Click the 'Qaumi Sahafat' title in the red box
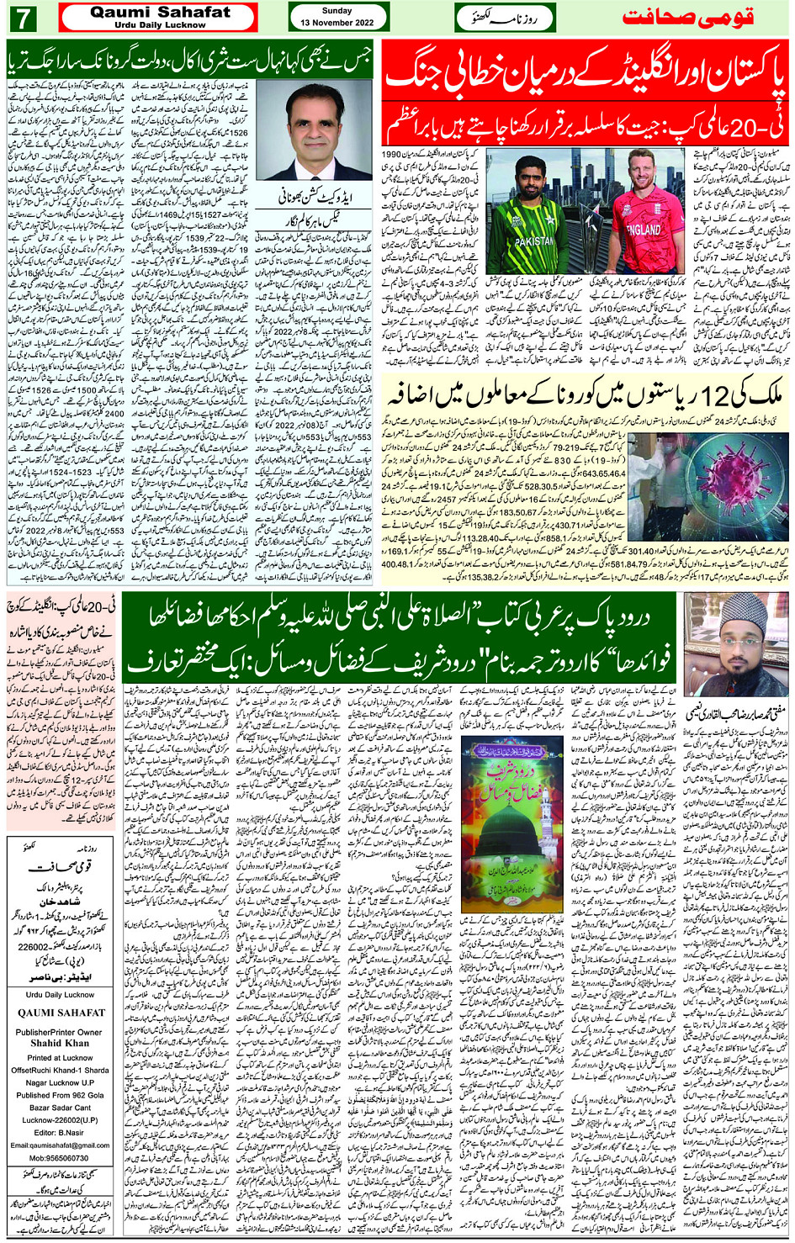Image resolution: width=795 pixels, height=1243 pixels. click(159, 12)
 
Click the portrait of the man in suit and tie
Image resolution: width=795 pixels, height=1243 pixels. click(314, 130)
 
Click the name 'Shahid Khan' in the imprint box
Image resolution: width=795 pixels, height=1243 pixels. click(60, 1043)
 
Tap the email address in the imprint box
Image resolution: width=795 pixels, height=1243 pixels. click(60, 1145)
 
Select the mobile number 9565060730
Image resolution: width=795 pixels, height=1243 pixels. click(60, 1158)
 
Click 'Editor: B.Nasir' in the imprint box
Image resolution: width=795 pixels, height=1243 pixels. click(60, 1132)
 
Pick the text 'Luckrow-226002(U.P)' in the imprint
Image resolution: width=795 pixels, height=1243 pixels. click(60, 1119)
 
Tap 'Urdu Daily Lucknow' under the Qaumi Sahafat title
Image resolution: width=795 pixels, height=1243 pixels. click(159, 24)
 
